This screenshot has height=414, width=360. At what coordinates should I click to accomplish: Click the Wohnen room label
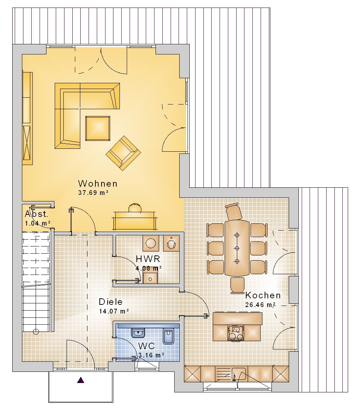tap(98, 183)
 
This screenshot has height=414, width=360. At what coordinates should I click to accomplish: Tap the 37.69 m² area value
tap(93, 193)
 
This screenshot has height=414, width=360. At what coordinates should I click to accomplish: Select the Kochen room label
tap(263, 295)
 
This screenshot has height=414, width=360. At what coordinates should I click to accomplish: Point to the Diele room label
tap(111, 302)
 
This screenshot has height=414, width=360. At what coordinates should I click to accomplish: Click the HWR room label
tap(148, 259)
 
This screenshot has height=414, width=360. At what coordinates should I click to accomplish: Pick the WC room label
tap(147, 346)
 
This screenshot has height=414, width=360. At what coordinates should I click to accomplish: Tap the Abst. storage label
tap(36, 214)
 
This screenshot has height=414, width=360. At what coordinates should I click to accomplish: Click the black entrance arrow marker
tap(81, 380)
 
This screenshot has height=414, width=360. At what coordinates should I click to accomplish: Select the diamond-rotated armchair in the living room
tap(123, 153)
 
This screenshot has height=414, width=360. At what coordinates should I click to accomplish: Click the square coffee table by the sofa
tap(98, 128)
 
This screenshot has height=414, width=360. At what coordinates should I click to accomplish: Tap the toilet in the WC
tap(168, 336)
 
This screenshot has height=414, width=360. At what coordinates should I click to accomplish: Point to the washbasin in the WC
tap(138, 333)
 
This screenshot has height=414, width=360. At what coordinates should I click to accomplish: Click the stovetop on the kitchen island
tap(235, 333)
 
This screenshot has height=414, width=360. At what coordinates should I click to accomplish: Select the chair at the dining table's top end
tap(234, 211)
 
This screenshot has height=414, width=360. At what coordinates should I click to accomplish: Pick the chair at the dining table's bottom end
tap(237, 285)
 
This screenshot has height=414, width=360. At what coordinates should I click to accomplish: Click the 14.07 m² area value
tap(114, 311)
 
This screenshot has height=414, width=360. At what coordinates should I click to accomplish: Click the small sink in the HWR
tap(150, 278)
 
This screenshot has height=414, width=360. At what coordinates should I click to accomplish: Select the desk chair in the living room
tap(135, 208)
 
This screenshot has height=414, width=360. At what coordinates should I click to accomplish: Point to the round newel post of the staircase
tap(36, 332)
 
